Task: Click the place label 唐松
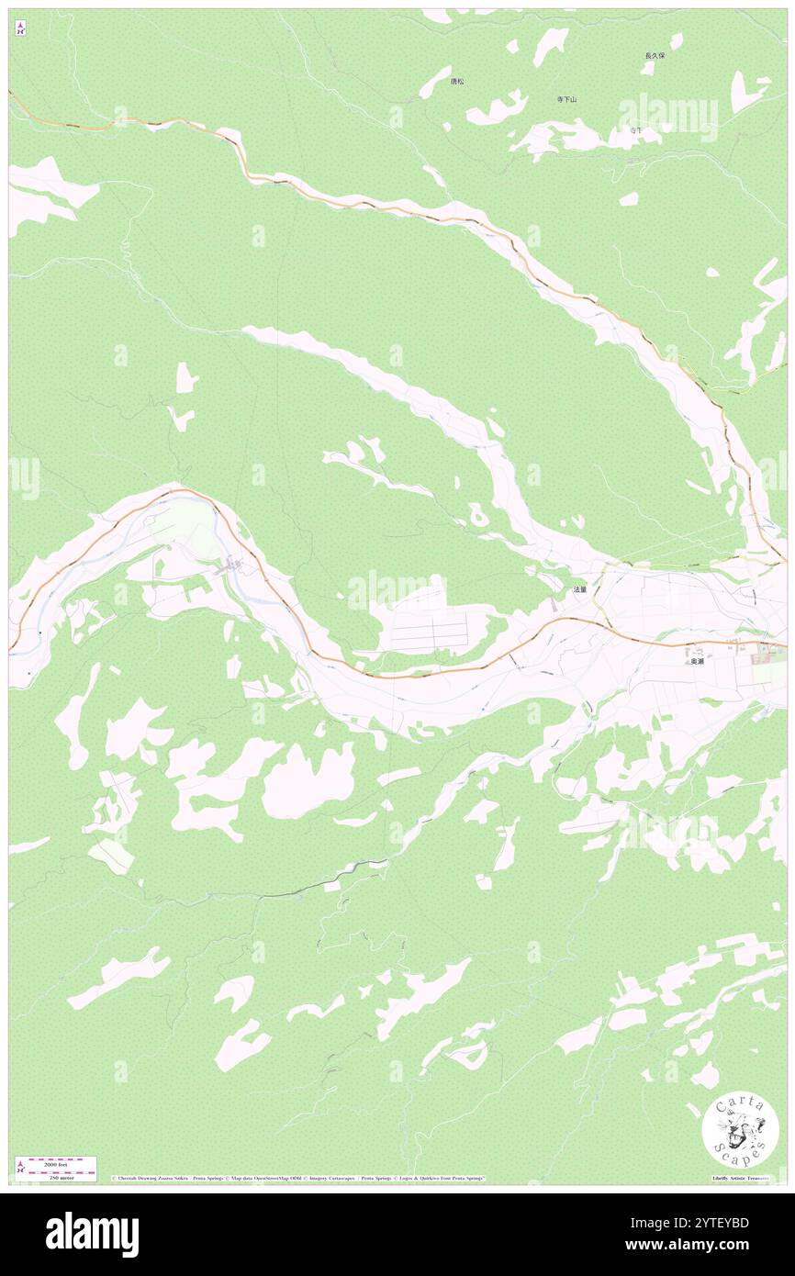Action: click(x=457, y=82)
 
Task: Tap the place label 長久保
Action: click(x=654, y=56)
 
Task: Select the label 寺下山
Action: click(x=566, y=99)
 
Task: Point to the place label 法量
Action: click(x=579, y=589)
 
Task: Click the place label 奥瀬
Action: click(x=698, y=661)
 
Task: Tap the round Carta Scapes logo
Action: click(x=740, y=1132)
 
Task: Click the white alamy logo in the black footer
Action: click(x=92, y=1234)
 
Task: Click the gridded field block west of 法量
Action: click(x=429, y=632)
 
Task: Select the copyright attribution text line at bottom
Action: click(x=298, y=1178)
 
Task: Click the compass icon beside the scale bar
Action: click(x=20, y=1168)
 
